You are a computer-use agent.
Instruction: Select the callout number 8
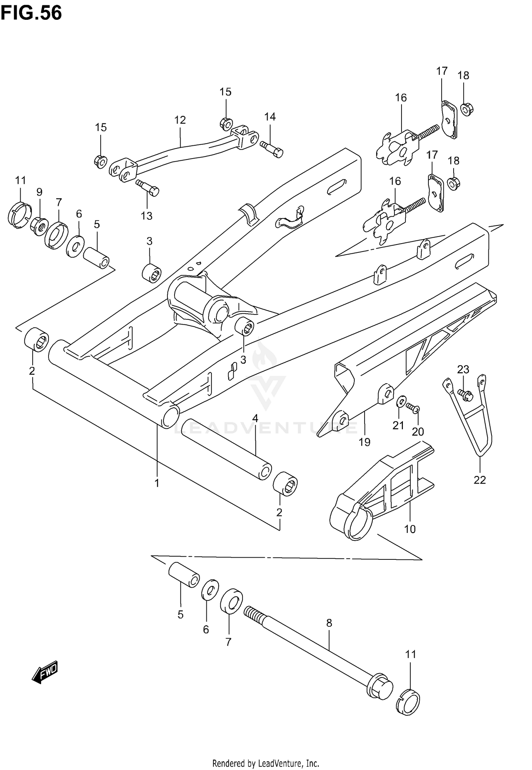[329, 623]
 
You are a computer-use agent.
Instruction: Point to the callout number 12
[180, 120]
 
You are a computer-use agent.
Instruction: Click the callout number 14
[270, 117]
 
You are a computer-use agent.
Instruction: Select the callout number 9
[39, 192]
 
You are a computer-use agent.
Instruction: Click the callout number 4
[255, 418]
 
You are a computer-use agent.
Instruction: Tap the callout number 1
[157, 483]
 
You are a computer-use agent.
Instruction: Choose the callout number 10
[410, 529]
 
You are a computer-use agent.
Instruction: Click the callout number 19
[365, 442]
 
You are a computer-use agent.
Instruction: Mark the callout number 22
[480, 480]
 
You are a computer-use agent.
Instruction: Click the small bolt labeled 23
[464, 394]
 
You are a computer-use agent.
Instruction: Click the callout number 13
[146, 216]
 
